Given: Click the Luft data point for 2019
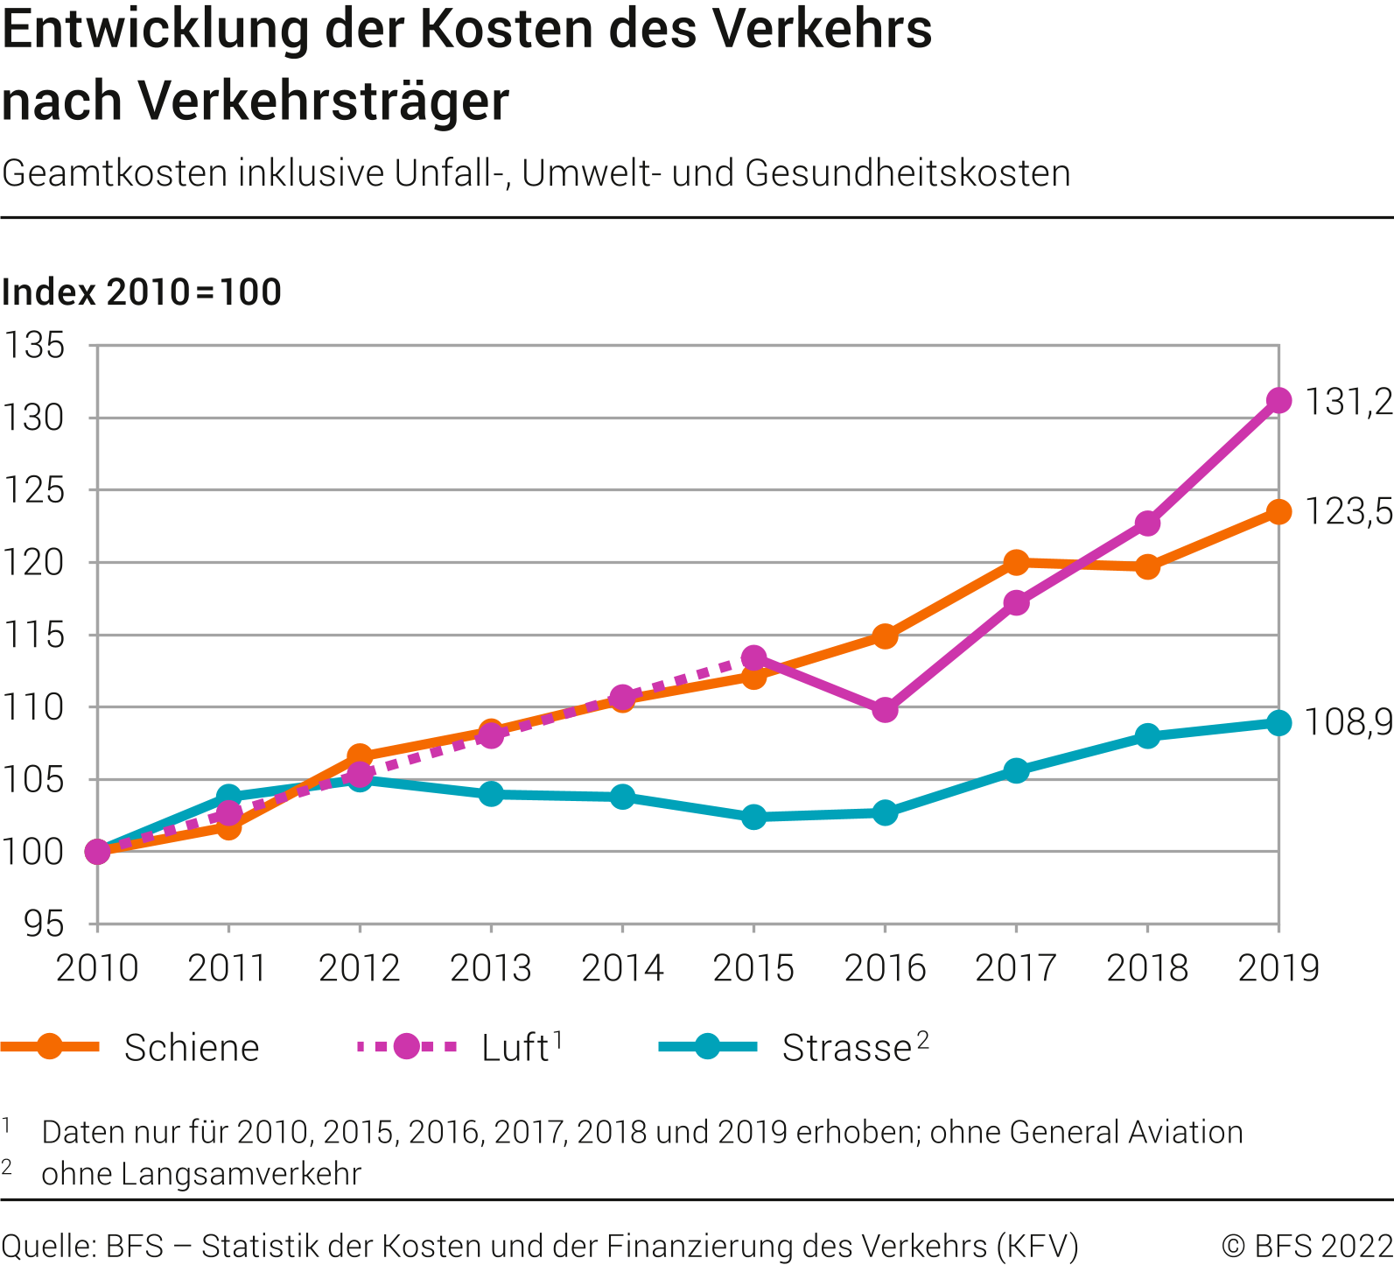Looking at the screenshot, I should (1278, 400).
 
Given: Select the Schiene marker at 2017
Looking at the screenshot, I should (1016, 562).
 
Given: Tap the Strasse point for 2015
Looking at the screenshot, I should (753, 817).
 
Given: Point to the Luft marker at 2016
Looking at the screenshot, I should (885, 709).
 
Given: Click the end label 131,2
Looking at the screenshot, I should (1348, 402).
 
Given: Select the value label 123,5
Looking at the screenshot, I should (1348, 511).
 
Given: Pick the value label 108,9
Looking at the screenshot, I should (1348, 722).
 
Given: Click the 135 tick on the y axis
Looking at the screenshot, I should (35, 346).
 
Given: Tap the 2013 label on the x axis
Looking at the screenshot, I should (491, 968).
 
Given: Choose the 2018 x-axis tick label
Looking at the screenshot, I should (1147, 968).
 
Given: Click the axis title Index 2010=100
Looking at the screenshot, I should (142, 292).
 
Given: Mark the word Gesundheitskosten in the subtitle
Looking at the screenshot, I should (907, 173).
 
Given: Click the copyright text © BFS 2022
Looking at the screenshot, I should (1306, 1246).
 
